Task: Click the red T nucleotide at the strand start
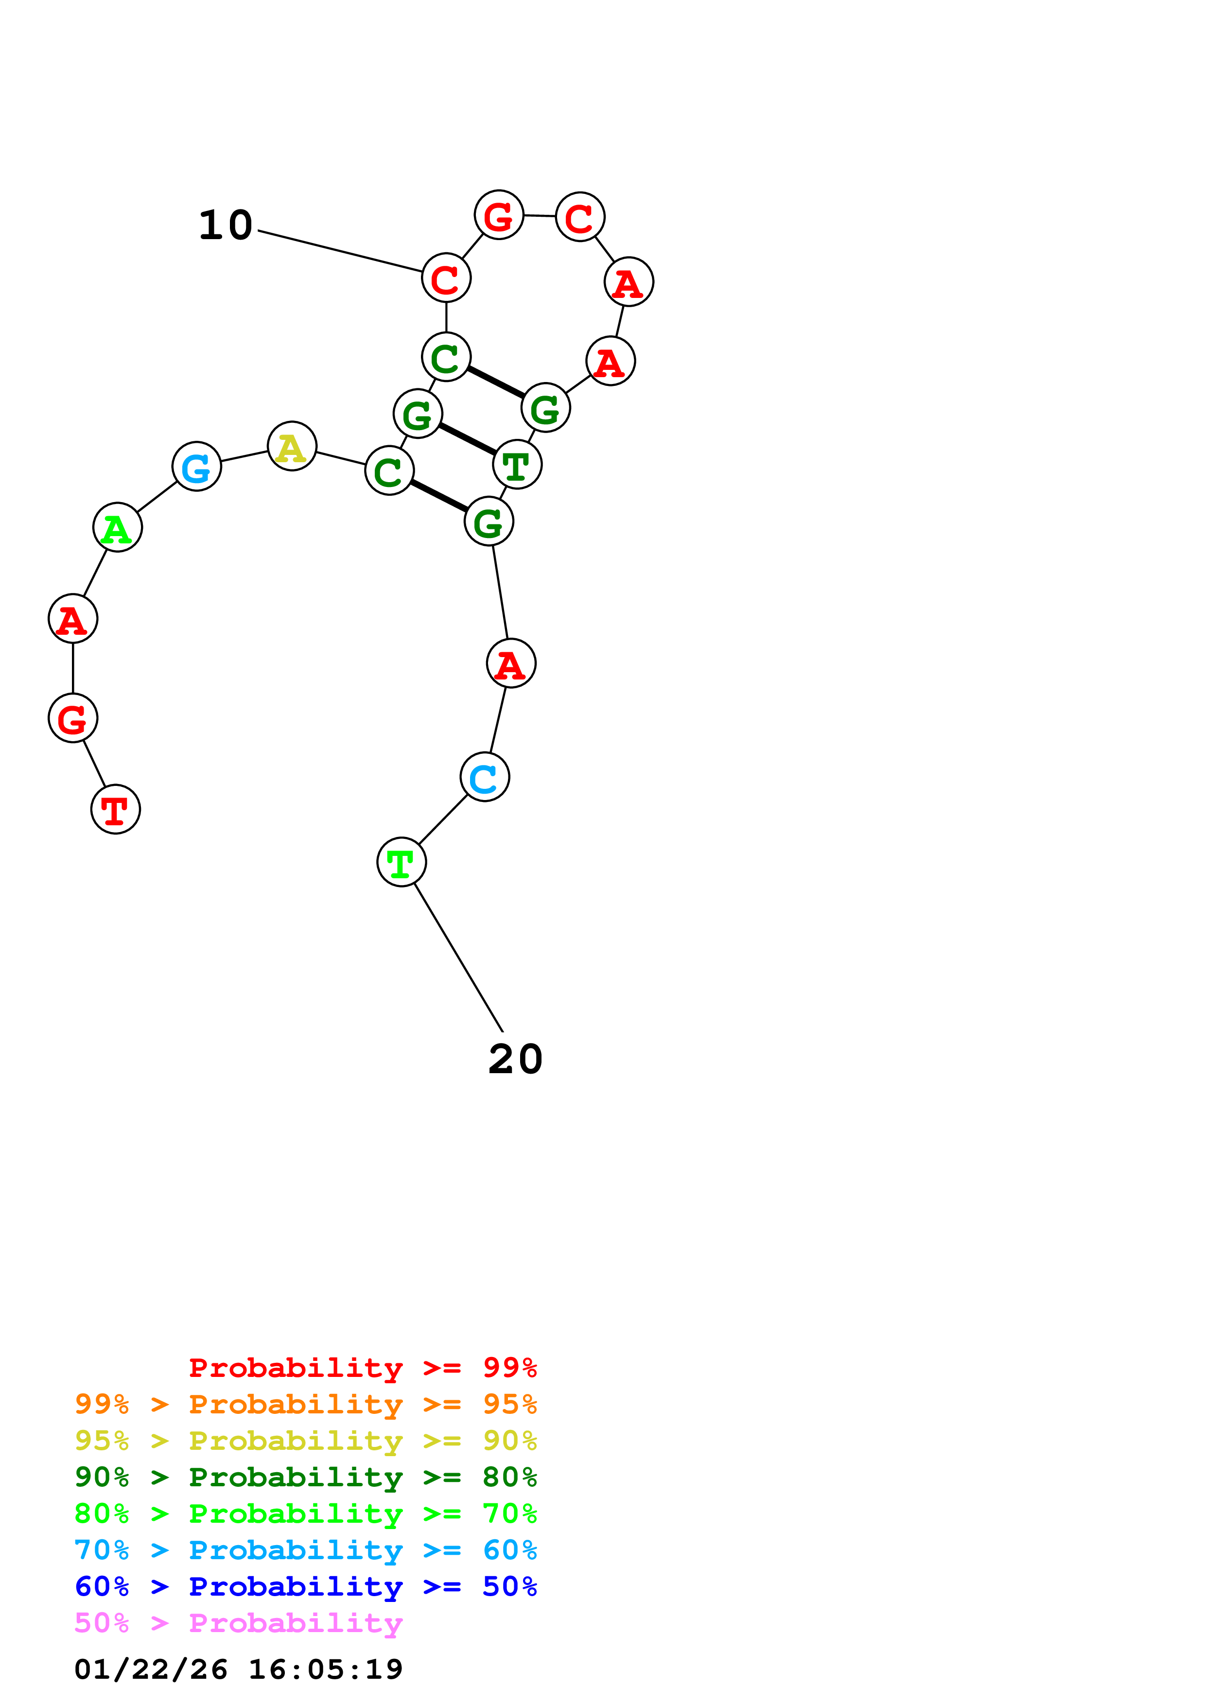(115, 809)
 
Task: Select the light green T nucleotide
(401, 862)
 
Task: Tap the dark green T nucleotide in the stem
(517, 465)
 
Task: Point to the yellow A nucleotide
(292, 446)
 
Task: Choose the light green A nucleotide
(117, 527)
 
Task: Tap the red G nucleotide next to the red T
(73, 718)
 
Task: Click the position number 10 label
(226, 225)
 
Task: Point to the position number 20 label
(515, 1059)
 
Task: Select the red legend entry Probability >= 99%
(362, 1367)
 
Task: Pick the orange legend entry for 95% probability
(305, 1404)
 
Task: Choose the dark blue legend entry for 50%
(305, 1586)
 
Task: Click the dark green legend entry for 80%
(305, 1477)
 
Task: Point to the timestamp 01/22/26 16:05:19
(238, 1670)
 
